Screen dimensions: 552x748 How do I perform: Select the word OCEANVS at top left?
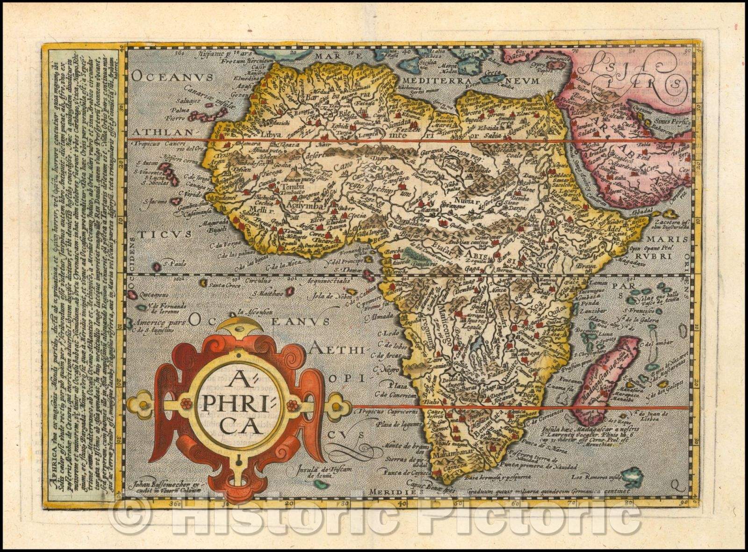(173, 77)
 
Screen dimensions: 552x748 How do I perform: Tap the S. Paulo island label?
(173, 263)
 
